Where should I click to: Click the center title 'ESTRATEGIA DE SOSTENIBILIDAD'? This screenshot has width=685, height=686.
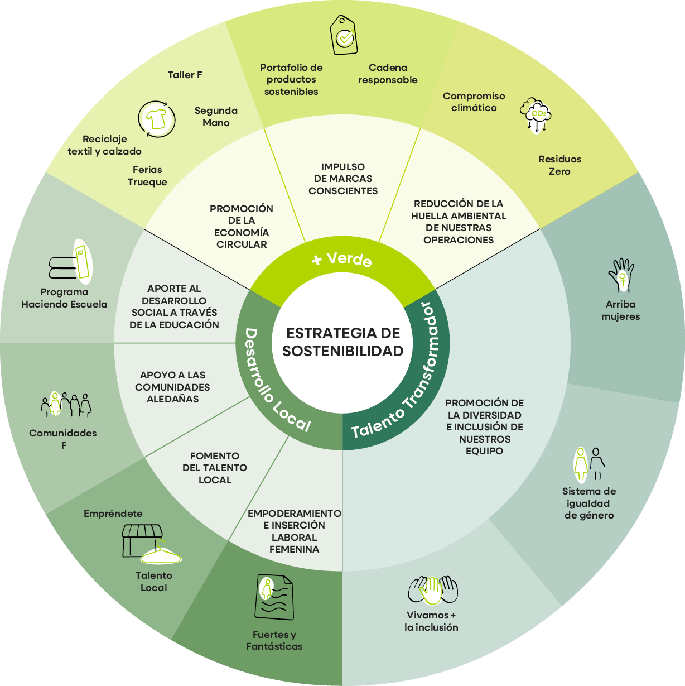342,342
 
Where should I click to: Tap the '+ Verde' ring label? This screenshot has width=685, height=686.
342,260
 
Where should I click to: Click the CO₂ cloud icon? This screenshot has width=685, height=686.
536,115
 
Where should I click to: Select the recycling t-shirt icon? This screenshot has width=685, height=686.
156,119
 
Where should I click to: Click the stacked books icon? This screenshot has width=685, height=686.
71,262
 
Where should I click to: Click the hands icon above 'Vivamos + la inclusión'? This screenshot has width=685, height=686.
432,590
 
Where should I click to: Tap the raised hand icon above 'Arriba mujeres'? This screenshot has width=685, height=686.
621,275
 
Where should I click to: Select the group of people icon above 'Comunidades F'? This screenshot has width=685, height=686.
66,404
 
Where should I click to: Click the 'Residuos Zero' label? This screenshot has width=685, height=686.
559,165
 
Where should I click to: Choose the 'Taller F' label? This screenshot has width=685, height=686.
185,75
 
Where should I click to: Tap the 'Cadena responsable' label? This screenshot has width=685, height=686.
388,74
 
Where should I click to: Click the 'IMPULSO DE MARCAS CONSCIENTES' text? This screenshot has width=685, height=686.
343,179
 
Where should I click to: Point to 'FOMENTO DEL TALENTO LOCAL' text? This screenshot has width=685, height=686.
215,468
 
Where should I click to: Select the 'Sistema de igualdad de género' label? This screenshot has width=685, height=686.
589,503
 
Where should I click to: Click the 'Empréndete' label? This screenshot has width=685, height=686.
113,514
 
